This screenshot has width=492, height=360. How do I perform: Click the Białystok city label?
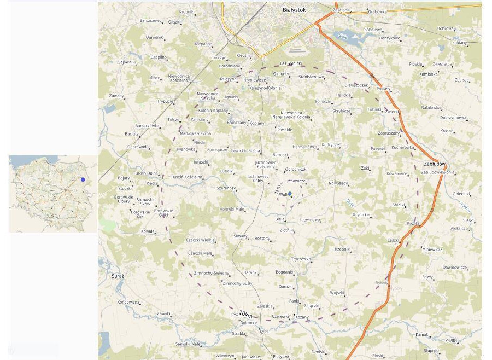pyautogui.click(x=294, y=10)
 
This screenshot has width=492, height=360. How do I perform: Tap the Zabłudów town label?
pyautogui.click(x=435, y=164)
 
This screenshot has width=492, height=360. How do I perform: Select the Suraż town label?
pyautogui.click(x=118, y=276)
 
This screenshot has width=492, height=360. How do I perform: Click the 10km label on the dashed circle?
pyautogui.click(x=246, y=315)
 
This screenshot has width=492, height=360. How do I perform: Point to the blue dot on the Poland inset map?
pyautogui.click(x=83, y=179)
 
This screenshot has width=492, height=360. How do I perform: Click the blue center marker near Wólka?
pyautogui.click(x=290, y=194)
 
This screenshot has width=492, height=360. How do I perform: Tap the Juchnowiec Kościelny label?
pyautogui.click(x=265, y=164)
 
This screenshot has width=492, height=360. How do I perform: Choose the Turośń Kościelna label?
pyautogui.click(x=186, y=177)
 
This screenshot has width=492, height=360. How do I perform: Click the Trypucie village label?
pyautogui.click(x=165, y=101)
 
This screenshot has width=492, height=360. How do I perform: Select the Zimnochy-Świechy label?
pyautogui.click(x=212, y=273)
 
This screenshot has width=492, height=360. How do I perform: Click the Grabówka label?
pyautogui.click(x=377, y=11)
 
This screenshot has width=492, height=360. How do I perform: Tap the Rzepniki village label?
pyautogui.click(x=342, y=249)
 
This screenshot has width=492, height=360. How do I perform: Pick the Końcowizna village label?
pyautogui.click(x=128, y=302)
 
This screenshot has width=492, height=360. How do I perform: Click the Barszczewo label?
pyautogui.click(x=151, y=21)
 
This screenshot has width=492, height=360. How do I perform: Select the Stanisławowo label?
pyautogui.click(x=311, y=77)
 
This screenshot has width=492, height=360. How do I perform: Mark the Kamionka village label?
pyautogui.click(x=429, y=74)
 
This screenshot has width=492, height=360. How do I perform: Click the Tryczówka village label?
pyautogui.click(x=301, y=259)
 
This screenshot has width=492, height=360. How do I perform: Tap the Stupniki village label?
pyautogui.click(x=431, y=350)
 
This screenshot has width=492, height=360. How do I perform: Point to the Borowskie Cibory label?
pyautogui.click(x=124, y=199)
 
